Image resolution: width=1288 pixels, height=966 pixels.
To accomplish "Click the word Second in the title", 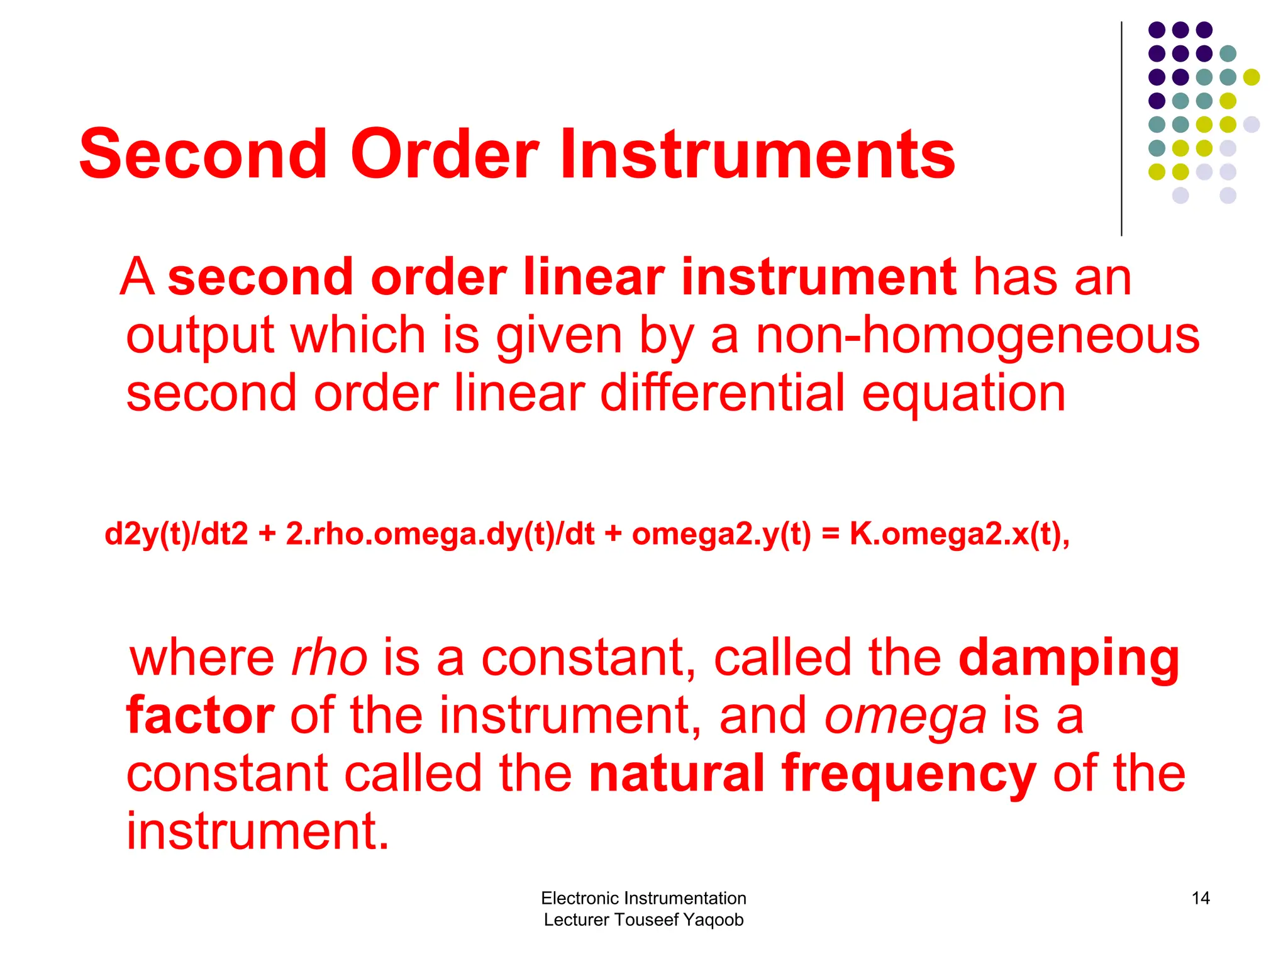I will (203, 154).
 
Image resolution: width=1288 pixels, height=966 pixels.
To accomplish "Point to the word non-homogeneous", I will (977, 336).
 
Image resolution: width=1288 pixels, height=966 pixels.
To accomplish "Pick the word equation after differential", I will (963, 395).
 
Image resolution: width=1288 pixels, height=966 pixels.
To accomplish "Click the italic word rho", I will (329, 659).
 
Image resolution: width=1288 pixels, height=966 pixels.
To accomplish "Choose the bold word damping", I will (1069, 659).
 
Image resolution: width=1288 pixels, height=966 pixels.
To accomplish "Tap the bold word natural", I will (677, 774).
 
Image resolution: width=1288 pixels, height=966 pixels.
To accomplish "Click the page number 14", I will (1200, 898).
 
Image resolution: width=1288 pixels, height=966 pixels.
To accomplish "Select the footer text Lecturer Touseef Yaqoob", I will (643, 919).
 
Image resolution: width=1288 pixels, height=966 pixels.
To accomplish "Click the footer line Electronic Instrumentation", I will (643, 898).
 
